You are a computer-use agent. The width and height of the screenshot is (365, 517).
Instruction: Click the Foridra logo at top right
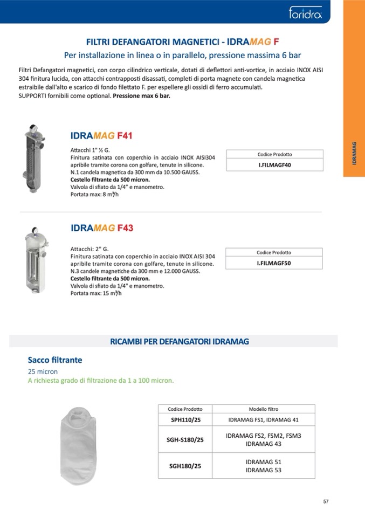(x=305, y=12)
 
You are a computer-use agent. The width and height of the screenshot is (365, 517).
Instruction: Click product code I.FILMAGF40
(x=275, y=165)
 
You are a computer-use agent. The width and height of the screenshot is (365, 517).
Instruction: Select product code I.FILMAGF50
(x=274, y=263)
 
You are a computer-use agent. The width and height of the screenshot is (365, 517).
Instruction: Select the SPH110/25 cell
(x=184, y=419)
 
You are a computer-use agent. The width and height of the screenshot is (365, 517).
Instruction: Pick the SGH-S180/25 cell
(x=184, y=439)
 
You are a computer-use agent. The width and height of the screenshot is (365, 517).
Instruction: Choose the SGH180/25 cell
(x=184, y=466)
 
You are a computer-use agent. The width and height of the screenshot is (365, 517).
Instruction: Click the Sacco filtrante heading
(x=55, y=360)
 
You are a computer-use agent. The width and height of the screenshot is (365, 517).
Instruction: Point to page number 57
(x=326, y=501)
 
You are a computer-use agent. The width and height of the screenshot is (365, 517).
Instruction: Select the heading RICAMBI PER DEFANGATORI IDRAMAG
(x=179, y=341)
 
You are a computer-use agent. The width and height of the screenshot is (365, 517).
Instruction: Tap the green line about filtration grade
(x=101, y=380)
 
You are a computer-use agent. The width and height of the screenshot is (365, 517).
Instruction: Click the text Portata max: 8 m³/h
(x=94, y=195)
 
